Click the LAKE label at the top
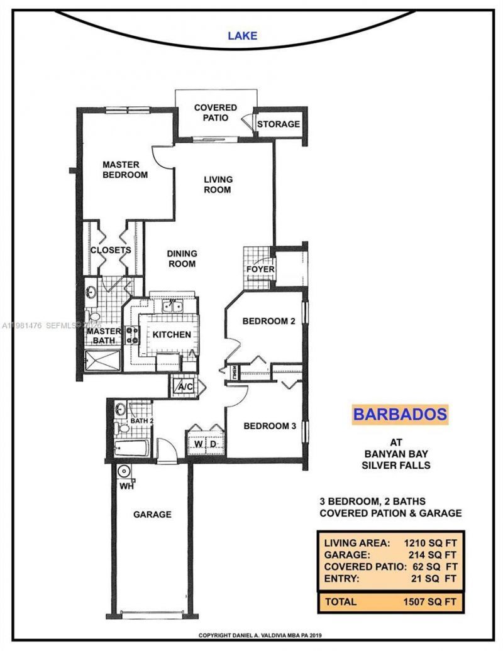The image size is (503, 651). click(242, 36)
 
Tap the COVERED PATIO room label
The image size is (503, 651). click(215, 112)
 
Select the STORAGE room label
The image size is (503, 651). click(279, 124)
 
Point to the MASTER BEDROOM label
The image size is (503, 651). click(126, 170)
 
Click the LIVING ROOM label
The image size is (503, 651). click(218, 184)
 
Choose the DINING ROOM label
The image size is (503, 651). click(182, 258)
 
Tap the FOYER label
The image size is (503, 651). click(260, 269)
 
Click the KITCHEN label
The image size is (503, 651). click(172, 334)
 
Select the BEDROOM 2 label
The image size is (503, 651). click(269, 321)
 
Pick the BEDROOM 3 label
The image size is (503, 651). click(269, 426)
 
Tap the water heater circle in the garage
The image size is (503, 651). click(124, 471)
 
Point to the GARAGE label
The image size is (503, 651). click(152, 514)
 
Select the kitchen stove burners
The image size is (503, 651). click(133, 335)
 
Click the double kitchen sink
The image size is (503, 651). click(171, 307)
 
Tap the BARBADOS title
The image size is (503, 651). click(400, 414)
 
